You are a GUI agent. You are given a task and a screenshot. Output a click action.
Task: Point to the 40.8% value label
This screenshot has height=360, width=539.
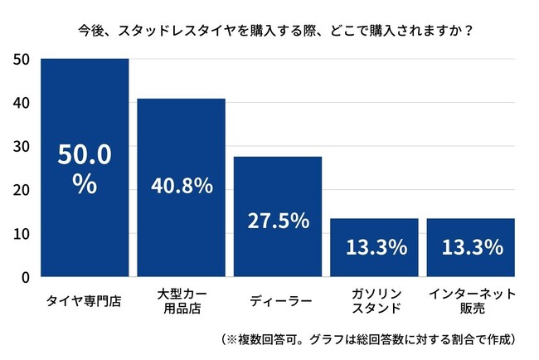pyautogui.click(x=181, y=186)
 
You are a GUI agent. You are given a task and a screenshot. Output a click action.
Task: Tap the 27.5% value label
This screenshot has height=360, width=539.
pyautogui.click(x=278, y=221)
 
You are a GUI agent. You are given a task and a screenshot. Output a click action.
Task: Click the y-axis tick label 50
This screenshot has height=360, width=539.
pyautogui.click(x=22, y=60)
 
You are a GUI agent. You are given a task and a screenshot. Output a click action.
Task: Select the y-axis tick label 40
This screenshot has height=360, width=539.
pyautogui.click(x=22, y=103)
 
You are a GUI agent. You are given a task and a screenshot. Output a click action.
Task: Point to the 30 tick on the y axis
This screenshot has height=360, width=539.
pyautogui.click(x=22, y=147)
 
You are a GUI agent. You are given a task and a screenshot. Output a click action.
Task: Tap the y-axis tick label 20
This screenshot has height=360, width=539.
pyautogui.click(x=22, y=190)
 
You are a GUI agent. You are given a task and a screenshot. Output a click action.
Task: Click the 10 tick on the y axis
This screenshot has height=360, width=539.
pyautogui.click(x=22, y=234)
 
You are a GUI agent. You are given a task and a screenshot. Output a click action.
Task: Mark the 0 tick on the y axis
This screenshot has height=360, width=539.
pyautogui.click(x=26, y=277)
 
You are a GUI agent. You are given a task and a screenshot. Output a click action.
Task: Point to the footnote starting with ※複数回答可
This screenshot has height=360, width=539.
pyautogui.click(x=369, y=339)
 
